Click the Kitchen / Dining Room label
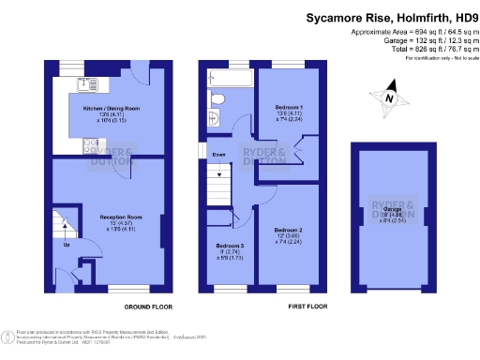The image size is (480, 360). click(110, 109)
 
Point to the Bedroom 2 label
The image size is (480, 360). click(287, 229)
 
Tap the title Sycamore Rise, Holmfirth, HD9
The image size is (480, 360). click(385, 17)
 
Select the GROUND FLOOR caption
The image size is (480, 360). click(147, 307)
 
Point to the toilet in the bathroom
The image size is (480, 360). click(216, 98)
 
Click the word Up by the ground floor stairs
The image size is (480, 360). click(66, 246)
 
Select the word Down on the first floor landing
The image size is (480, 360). click(217, 155)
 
